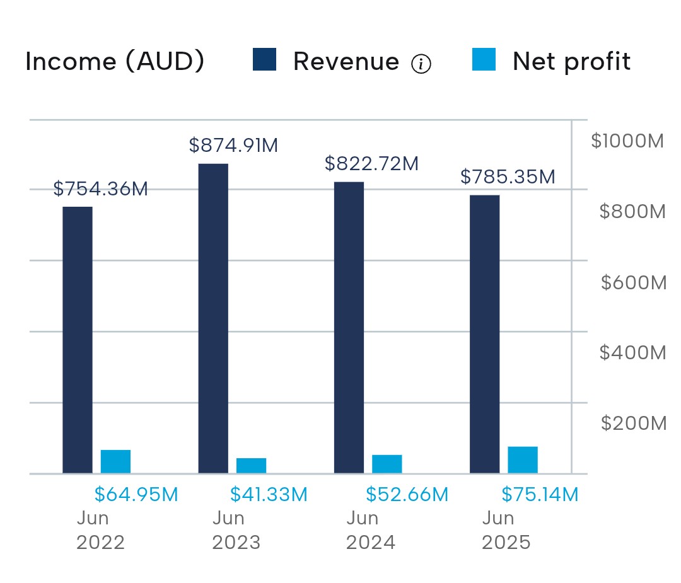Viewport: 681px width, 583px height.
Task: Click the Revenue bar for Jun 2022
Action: click(x=78, y=340)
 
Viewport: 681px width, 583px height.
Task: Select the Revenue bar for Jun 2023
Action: click(x=213, y=319)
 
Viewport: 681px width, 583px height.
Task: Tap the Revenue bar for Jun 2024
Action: click(x=349, y=328)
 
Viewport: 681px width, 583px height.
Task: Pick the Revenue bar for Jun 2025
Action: click(x=485, y=334)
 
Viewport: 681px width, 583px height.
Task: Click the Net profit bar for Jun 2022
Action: click(x=115, y=462)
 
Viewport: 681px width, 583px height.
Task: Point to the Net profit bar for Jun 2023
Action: click(x=252, y=466)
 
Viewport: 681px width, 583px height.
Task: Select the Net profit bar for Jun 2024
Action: click(x=387, y=464)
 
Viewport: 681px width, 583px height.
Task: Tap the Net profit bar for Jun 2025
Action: click(x=523, y=460)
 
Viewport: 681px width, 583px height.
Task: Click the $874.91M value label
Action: click(x=234, y=146)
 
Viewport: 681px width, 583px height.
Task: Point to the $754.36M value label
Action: click(x=100, y=189)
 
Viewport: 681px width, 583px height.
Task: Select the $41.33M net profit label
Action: click(x=269, y=494)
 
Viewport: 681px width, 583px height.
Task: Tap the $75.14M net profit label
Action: click(x=540, y=494)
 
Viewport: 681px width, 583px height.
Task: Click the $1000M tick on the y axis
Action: click(x=627, y=141)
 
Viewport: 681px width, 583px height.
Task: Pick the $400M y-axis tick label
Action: click(x=633, y=352)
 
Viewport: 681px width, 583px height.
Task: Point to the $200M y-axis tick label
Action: click(x=634, y=424)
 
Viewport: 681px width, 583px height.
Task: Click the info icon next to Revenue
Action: click(x=421, y=64)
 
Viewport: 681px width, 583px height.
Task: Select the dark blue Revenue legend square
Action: click(x=264, y=59)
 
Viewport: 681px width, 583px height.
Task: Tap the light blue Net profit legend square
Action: click(x=484, y=59)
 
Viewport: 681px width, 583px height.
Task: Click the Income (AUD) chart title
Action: click(x=115, y=61)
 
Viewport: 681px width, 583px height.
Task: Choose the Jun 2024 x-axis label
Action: click(x=371, y=531)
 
